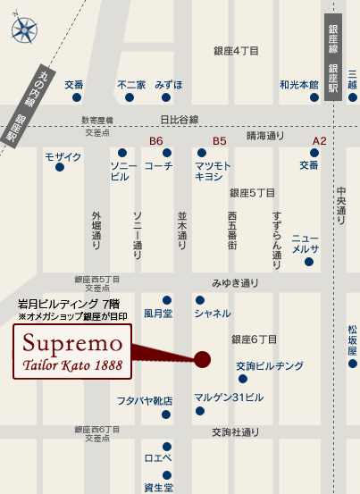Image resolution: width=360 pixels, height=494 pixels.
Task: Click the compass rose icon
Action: coord(24,29)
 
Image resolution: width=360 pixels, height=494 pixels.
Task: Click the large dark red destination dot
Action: coord(203,359)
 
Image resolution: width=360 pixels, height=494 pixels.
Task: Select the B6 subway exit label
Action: coord(156,141)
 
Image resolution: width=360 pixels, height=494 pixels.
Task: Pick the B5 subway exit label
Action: coord(220,141)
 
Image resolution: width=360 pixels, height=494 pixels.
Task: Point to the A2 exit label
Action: coord(319,141)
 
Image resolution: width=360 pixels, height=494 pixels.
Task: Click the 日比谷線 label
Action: coord(179,120)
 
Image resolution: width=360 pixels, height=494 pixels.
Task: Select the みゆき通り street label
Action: coord(234,283)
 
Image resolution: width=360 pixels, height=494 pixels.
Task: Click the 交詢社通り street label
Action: coord(235,431)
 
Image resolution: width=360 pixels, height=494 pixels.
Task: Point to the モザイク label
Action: coord(63,157)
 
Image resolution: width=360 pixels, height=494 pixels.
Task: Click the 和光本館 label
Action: coord(298,85)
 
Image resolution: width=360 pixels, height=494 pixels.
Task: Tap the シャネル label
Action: coord(213,313)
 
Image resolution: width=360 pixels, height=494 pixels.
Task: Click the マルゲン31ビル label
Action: coord(230,397)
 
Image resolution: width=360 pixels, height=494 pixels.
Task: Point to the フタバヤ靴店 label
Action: coord(144,401)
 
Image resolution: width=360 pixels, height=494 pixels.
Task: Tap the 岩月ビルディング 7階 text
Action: coord(69,304)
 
